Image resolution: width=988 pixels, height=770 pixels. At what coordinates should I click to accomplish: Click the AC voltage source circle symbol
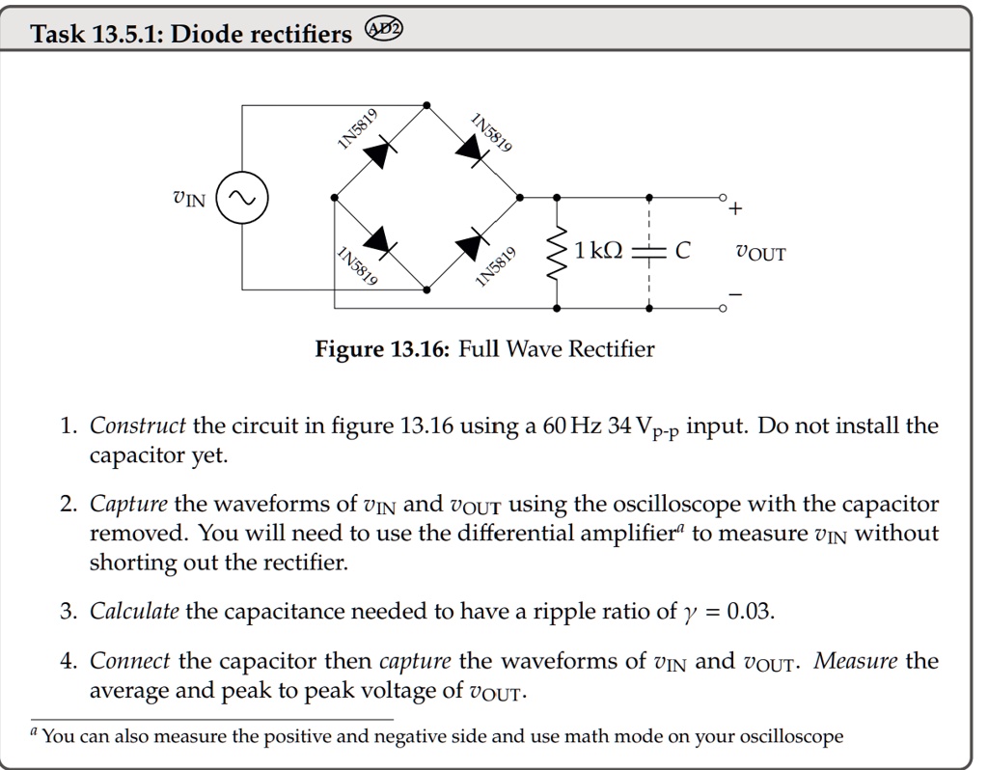click(241, 198)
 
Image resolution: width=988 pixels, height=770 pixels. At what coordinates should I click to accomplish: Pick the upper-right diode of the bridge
click(473, 150)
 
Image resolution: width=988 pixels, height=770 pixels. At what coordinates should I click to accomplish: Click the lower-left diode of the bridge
click(380, 242)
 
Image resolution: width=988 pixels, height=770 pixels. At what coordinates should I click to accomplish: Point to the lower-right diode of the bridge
click(474, 243)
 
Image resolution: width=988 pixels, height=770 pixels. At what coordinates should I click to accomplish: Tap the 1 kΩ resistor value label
click(596, 252)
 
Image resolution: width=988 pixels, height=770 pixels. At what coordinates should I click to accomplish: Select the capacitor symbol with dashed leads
click(649, 253)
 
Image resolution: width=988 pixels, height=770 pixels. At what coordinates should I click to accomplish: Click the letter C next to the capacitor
click(682, 252)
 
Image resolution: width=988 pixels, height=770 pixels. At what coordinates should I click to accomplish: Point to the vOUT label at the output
click(760, 254)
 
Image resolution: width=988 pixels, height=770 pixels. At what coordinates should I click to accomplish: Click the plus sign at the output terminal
click(737, 208)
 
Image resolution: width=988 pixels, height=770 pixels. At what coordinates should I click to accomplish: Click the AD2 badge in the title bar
click(385, 32)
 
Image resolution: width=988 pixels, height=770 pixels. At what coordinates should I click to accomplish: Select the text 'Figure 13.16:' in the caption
click(381, 348)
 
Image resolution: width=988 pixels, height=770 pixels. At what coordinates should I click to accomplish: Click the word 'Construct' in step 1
click(138, 426)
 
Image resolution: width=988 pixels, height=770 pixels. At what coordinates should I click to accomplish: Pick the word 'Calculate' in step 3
click(134, 611)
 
